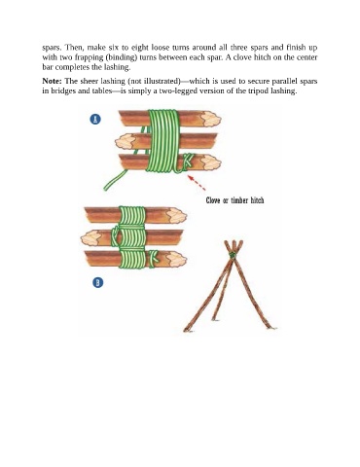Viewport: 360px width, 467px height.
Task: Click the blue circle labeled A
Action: pos(95,120)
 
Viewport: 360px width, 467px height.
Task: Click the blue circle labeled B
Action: pos(97,282)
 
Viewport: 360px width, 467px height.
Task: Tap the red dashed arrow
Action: pos(197,183)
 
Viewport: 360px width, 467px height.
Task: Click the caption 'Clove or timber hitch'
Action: pos(234,200)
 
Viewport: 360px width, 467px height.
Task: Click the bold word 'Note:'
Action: pos(52,81)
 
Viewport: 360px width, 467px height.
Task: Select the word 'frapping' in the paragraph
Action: pos(87,57)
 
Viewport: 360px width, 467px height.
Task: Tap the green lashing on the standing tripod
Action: pos(233,255)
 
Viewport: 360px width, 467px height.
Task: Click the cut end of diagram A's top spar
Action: pos(210,119)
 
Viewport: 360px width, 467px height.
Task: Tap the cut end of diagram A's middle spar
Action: pos(126,142)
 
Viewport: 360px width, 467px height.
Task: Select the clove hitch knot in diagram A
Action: pos(186,162)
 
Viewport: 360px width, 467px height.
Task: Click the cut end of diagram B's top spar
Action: pos(176,216)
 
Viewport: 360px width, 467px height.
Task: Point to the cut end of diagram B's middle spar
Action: pos(90,238)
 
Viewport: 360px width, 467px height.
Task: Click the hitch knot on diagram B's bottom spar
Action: pos(153,259)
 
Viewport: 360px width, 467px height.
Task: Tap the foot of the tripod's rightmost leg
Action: pos(272,327)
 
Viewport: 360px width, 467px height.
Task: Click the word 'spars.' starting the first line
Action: pos(52,48)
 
